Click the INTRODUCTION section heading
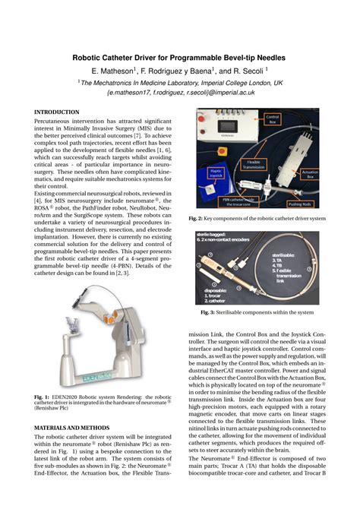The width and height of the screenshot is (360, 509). (58, 112)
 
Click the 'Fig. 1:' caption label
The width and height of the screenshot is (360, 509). (43, 397)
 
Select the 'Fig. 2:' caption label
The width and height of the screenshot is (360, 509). (198, 219)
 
